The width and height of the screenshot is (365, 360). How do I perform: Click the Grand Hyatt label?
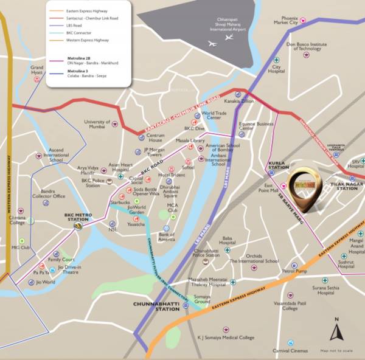click(37, 69)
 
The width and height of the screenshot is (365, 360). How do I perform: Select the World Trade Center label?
click(215, 115)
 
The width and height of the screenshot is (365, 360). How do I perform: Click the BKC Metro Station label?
click(77, 215)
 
